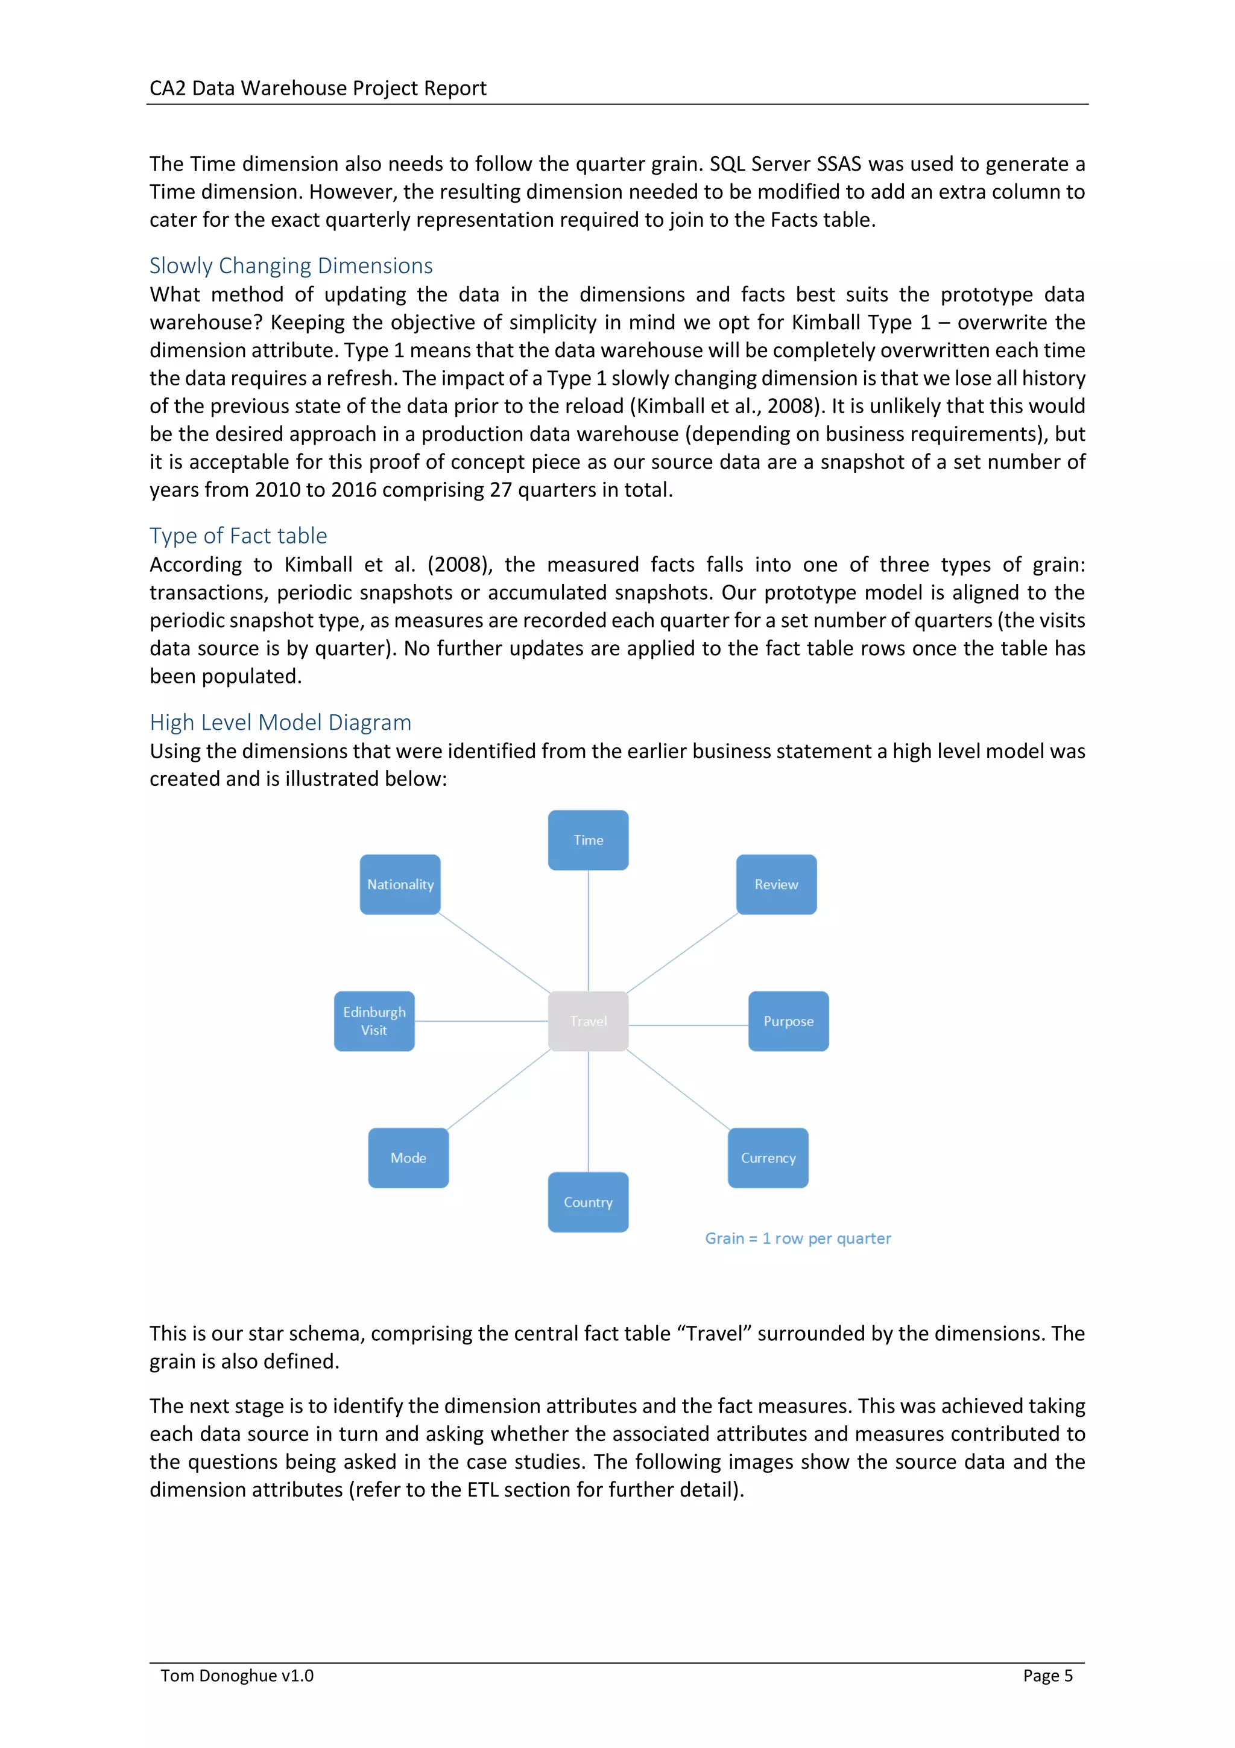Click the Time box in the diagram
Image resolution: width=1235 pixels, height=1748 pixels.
click(587, 840)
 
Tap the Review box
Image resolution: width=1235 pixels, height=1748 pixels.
click(775, 884)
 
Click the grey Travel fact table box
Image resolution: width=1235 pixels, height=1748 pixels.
click(587, 1021)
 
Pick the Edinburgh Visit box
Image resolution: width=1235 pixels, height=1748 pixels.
click(374, 1021)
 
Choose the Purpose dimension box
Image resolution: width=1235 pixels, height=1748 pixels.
click(788, 1021)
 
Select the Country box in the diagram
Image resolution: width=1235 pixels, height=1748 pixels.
click(587, 1202)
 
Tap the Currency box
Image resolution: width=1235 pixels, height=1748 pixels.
click(767, 1157)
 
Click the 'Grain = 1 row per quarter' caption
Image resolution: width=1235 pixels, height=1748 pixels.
click(797, 1238)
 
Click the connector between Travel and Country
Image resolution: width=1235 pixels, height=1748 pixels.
click(587, 1112)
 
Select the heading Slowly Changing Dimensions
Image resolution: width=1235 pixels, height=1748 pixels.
click(291, 266)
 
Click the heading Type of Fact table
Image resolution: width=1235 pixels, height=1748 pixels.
click(238, 535)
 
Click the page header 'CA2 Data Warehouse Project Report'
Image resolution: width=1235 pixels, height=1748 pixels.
click(317, 88)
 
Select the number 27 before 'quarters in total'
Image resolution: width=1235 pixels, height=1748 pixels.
click(500, 490)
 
